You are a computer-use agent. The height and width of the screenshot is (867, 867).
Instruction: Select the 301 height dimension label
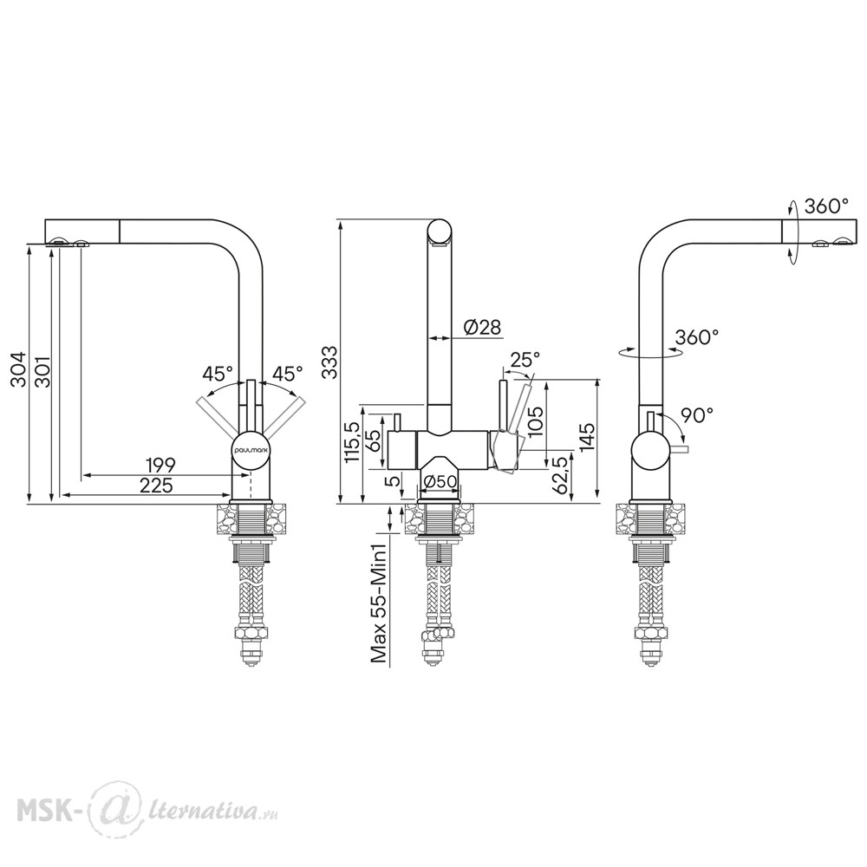(42, 373)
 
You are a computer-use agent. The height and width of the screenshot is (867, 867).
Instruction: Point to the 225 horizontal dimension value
(156, 486)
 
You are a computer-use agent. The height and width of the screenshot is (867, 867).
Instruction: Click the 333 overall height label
(329, 362)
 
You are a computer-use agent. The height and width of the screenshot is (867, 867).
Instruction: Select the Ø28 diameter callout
(483, 328)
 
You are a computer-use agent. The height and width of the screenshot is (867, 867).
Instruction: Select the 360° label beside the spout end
(826, 206)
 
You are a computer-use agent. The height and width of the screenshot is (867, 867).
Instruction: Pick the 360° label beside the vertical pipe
(697, 336)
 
